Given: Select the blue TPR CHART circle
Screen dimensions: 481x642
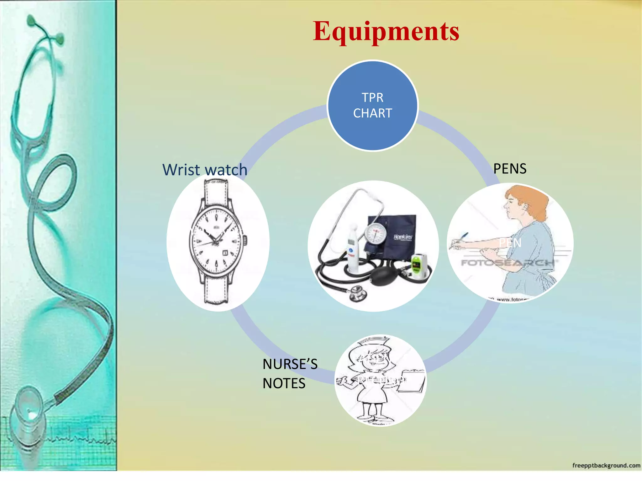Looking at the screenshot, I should [372, 106].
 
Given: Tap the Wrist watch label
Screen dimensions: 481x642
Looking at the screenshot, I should [205, 170].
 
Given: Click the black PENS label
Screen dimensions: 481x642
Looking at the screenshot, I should [510, 169].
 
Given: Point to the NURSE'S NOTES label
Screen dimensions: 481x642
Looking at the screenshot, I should [290, 374].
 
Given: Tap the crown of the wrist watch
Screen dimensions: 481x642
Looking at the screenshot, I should [245, 240].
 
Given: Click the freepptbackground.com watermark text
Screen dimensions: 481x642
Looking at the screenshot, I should [606, 466].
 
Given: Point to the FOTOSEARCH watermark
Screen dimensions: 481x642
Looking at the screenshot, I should [508, 262].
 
